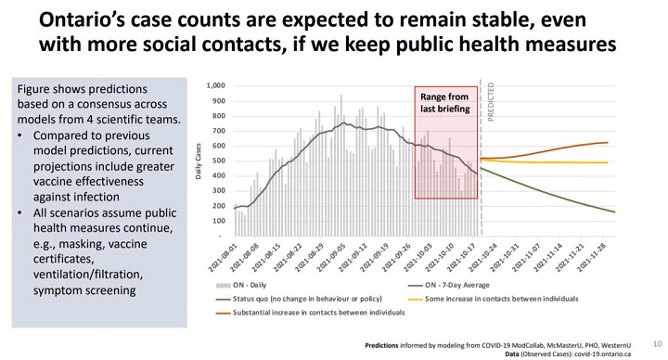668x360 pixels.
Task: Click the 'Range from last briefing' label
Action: click(445, 102)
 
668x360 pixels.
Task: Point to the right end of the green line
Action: click(614, 212)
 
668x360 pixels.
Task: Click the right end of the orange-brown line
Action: click(607, 142)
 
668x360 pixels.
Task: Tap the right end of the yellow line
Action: click(607, 162)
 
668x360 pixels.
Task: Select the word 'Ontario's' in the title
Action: click(91, 20)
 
